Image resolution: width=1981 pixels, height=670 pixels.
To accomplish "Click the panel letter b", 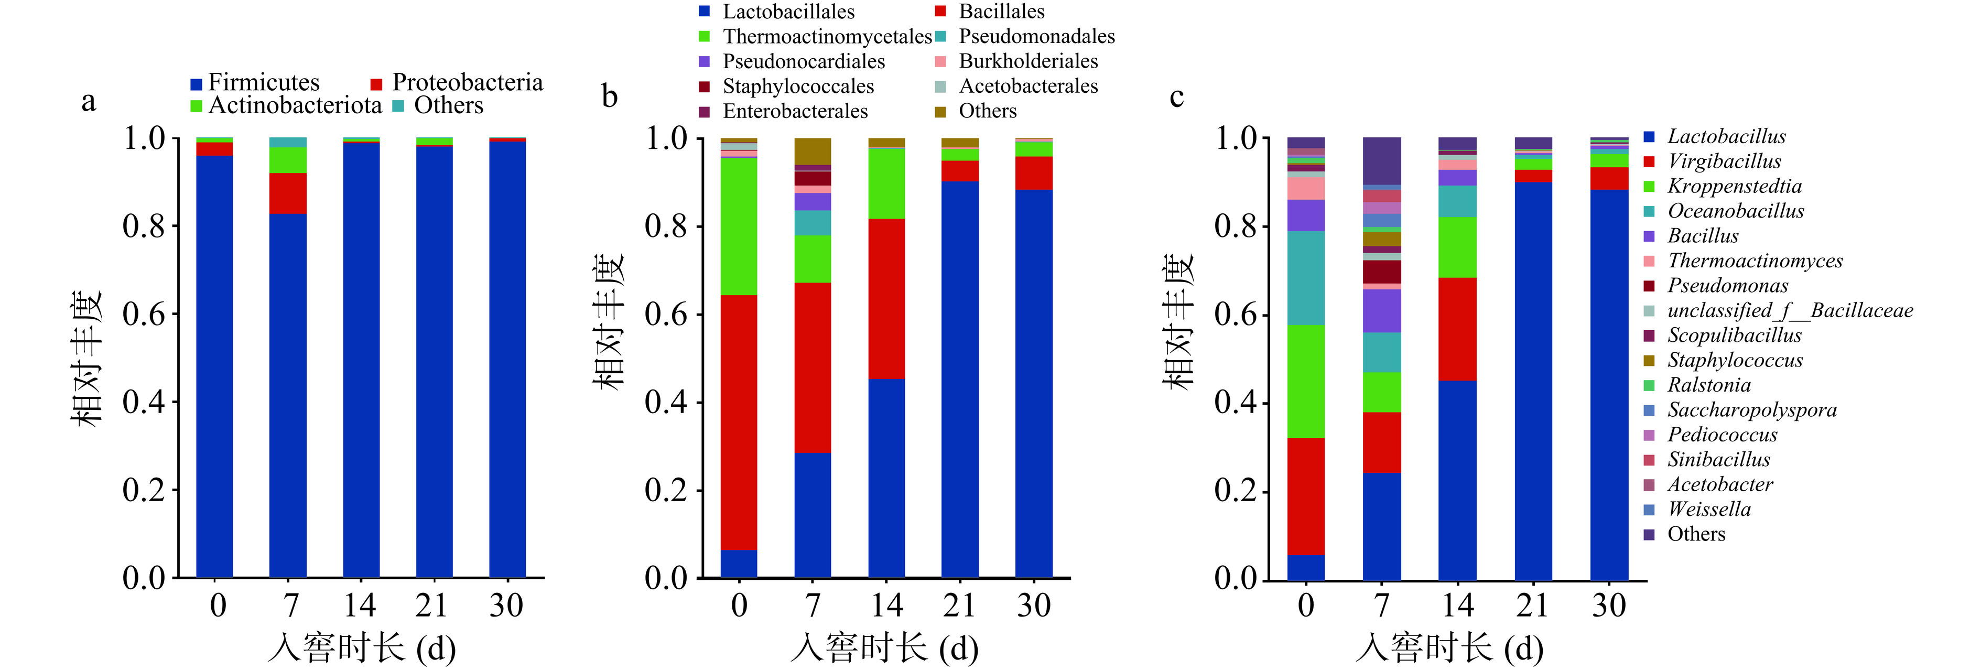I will click(x=609, y=97).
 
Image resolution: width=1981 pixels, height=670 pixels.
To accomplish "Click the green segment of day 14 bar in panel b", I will click(x=886, y=183).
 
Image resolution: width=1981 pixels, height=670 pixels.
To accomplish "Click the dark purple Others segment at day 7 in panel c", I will click(x=1381, y=161).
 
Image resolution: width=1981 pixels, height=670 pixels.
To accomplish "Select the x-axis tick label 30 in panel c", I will click(x=1609, y=606).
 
